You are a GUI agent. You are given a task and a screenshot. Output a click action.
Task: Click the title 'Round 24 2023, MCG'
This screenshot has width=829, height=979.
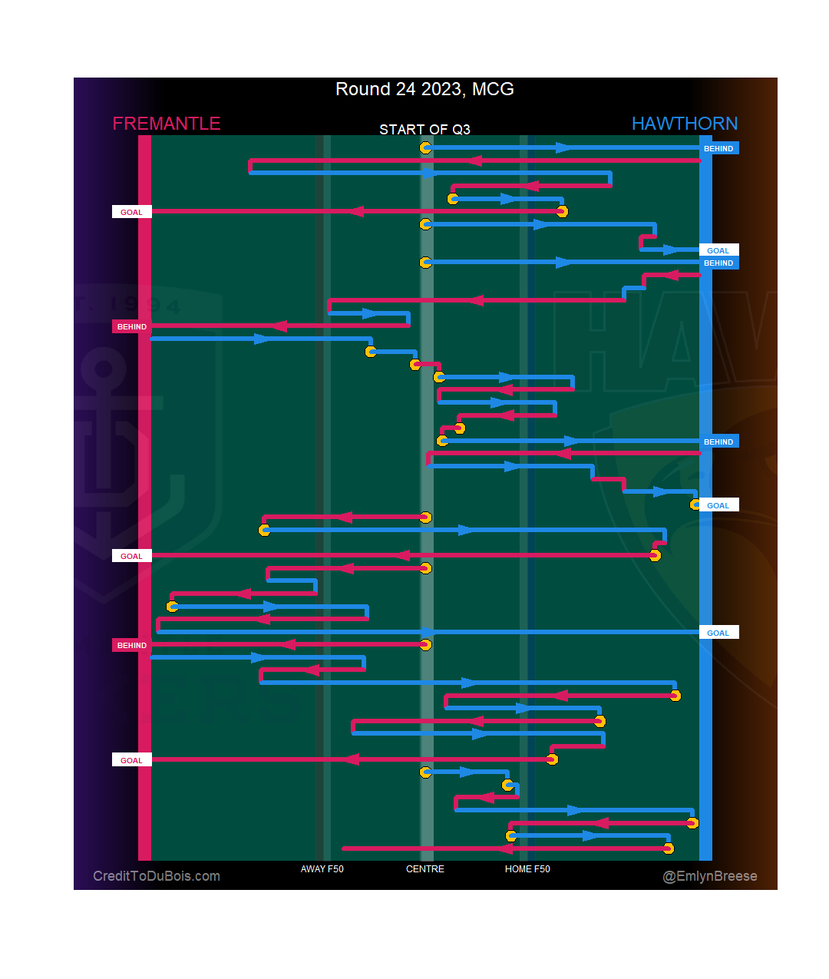tap(424, 89)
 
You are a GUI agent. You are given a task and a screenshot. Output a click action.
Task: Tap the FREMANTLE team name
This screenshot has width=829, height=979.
tap(167, 124)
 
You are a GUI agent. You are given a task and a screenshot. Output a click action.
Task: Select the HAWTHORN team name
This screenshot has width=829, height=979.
tap(684, 124)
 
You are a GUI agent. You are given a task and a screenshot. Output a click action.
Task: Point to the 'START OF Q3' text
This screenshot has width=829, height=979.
tap(424, 129)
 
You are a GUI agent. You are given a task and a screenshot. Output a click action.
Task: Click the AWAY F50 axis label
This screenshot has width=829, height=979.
tap(322, 869)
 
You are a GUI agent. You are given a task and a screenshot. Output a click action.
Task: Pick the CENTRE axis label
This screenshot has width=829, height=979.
tap(424, 869)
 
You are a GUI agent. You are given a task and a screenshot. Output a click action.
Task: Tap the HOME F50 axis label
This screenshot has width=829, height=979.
tap(527, 869)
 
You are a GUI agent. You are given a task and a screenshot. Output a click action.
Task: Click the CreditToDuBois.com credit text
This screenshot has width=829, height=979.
tap(157, 876)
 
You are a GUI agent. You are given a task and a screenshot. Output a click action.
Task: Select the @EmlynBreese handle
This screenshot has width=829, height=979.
tap(710, 876)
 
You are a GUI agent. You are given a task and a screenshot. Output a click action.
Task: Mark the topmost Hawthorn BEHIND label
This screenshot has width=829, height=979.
tap(718, 148)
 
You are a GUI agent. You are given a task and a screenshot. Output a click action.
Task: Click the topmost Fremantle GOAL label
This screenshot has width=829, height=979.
tap(131, 212)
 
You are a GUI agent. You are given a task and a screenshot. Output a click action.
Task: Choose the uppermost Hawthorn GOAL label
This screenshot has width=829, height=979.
tap(718, 250)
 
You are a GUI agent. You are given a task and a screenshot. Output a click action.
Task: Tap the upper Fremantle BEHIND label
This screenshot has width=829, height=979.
tap(131, 326)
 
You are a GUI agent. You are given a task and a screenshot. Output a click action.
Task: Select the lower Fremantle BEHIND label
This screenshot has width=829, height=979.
tap(131, 645)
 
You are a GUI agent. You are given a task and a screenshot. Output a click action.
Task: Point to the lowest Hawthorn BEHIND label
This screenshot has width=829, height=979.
tap(718, 442)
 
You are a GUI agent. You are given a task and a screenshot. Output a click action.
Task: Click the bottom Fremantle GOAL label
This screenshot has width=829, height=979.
tap(131, 760)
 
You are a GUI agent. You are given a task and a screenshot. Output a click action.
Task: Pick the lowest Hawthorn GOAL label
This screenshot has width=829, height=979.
tap(718, 633)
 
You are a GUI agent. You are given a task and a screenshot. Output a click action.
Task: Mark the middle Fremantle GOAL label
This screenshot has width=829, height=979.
tap(131, 556)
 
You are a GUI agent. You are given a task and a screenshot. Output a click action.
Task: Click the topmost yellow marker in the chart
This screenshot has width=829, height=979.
tap(425, 147)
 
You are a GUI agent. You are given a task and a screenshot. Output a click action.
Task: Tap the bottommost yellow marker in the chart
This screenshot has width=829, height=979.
tap(668, 848)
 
